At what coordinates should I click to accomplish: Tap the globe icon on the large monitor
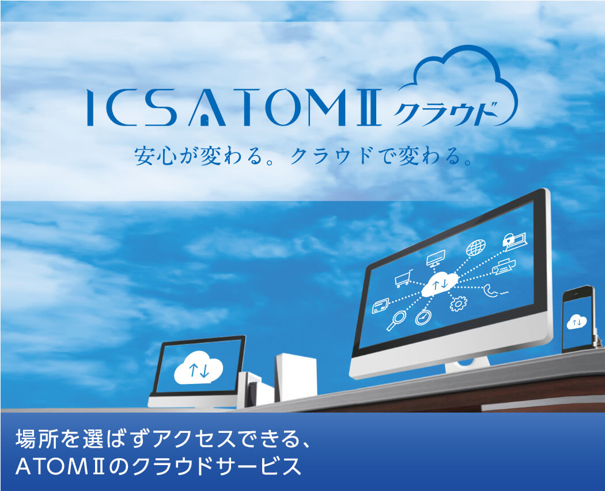click(475, 248)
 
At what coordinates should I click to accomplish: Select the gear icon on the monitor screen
click(457, 303)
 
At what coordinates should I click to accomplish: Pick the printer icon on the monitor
click(504, 267)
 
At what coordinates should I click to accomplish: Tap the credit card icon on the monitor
click(380, 306)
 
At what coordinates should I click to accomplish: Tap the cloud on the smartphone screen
click(575, 321)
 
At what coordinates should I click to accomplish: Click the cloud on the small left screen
click(199, 369)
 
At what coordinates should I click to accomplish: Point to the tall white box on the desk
click(296, 376)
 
